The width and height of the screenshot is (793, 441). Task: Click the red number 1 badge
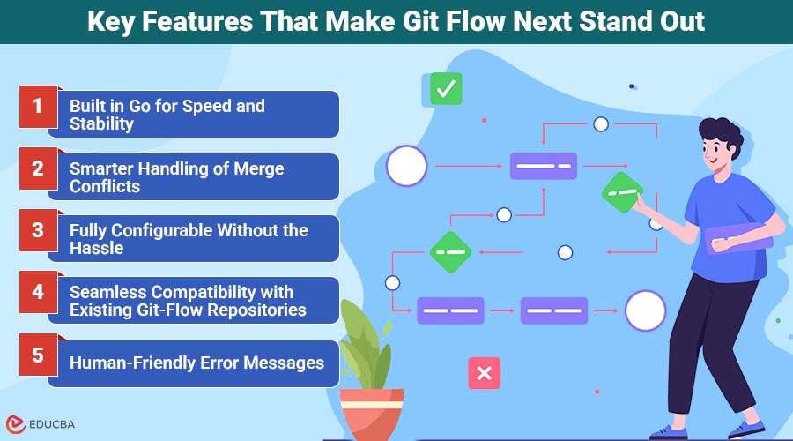[37, 107]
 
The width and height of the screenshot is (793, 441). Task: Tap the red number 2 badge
[37, 169]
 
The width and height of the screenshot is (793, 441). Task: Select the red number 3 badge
[37, 231]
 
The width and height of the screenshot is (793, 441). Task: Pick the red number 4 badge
[37, 293]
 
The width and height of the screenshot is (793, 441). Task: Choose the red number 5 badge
[37, 355]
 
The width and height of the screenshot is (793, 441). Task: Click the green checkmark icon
[446, 88]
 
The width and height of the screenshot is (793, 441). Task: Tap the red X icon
[484, 373]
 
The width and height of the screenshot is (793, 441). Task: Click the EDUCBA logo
[41, 424]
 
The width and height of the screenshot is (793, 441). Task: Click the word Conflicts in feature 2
[105, 186]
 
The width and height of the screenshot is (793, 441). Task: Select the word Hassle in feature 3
[97, 248]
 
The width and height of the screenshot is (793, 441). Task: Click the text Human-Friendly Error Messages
[196, 363]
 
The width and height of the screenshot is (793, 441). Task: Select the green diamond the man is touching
[622, 191]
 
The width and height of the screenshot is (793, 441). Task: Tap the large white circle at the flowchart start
[406, 166]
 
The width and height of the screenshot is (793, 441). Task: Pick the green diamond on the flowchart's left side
[451, 252]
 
